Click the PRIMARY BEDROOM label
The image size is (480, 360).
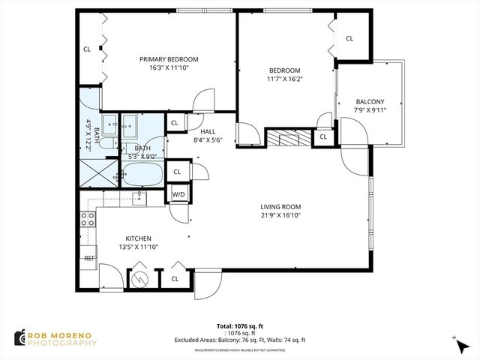pos(169,59)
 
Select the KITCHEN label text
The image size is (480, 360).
pos(139,237)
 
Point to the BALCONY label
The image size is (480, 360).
pos(370,102)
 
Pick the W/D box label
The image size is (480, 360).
pos(178,195)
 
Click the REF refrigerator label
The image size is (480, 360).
pos(89,258)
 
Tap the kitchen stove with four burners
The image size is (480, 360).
pos(88,219)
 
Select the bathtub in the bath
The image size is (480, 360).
pos(142,175)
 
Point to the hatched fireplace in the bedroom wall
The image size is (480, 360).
pos(288,137)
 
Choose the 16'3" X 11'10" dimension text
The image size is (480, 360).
pos(169,68)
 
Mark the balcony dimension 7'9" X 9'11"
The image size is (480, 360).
pos(370,111)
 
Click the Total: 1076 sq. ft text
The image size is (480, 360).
pos(239,326)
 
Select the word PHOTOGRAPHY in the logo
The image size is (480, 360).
pos(63,343)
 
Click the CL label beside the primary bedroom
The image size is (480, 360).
pos(87,50)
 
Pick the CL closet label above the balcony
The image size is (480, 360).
pos(349,39)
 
